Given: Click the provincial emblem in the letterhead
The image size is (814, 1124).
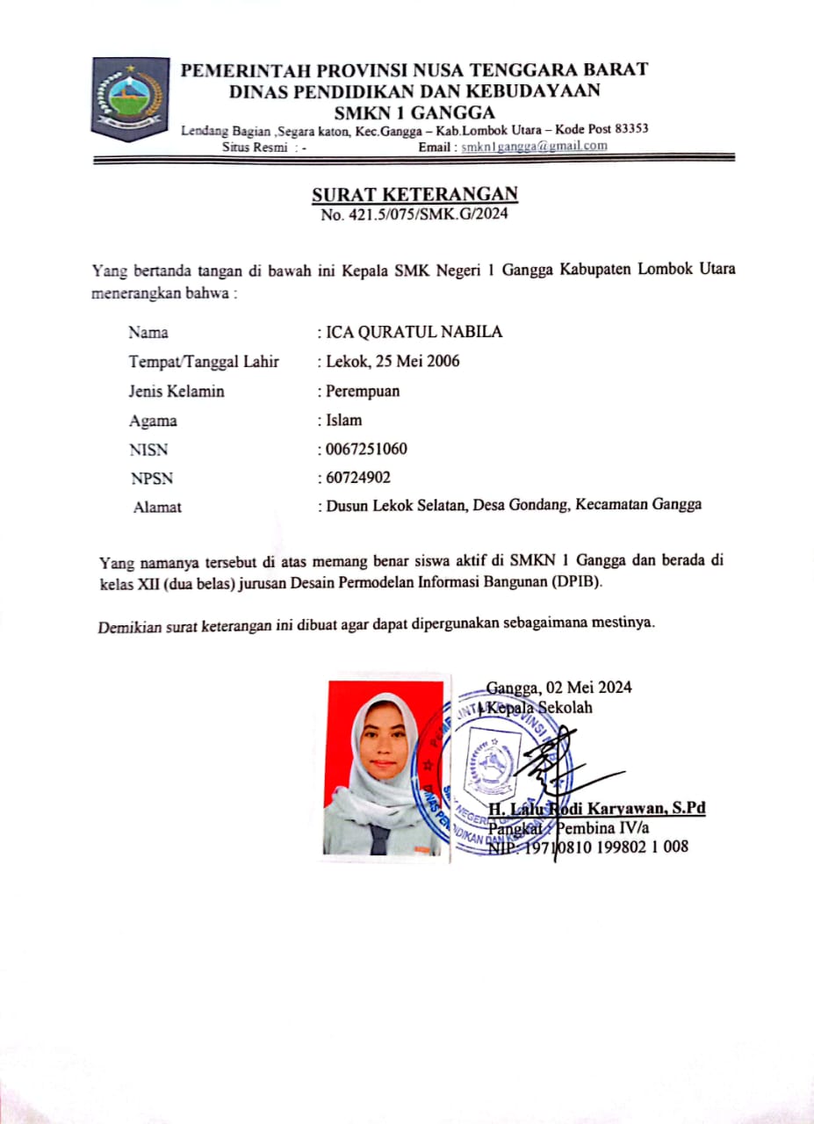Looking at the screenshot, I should [x=130, y=98].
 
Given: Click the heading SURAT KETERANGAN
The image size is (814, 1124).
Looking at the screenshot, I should [x=414, y=194].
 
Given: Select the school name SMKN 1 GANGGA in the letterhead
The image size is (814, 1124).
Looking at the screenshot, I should [x=414, y=112].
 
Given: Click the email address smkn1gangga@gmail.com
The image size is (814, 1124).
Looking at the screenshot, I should [x=534, y=146].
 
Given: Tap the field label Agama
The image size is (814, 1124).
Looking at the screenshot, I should [x=153, y=421].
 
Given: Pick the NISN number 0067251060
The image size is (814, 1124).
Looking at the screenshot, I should [x=365, y=450].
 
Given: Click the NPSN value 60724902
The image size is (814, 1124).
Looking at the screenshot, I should [x=358, y=478].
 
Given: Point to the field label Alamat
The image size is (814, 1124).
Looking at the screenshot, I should [x=157, y=507].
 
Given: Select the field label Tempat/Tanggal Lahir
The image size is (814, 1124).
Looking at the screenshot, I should [x=204, y=361].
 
